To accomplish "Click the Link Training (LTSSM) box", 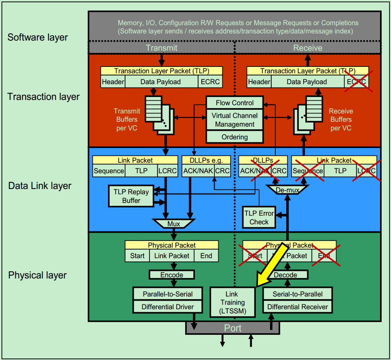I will tap(232, 303).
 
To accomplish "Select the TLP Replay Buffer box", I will tap(131, 196).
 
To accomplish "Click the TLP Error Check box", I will tap(259, 218).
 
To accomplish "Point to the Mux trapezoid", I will tap(174, 224).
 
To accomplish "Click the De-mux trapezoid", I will tap(287, 190).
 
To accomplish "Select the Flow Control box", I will tap(234, 103).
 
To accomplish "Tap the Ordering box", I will tap(234, 137).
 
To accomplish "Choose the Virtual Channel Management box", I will tap(234, 120).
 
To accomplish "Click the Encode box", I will tap(172, 275).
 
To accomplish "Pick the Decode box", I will tap(285, 275).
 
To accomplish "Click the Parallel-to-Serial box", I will tap(168, 294).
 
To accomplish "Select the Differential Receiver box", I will tap(297, 307).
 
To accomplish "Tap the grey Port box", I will tap(232, 328).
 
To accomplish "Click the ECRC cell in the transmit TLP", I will tap(210, 82).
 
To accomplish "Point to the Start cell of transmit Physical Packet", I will tap(137, 256).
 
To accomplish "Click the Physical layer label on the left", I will tap(37, 275).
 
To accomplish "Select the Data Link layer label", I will tap(40, 186).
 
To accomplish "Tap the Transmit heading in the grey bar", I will tap(162, 48).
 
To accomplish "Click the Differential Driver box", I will tap(168, 307).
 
